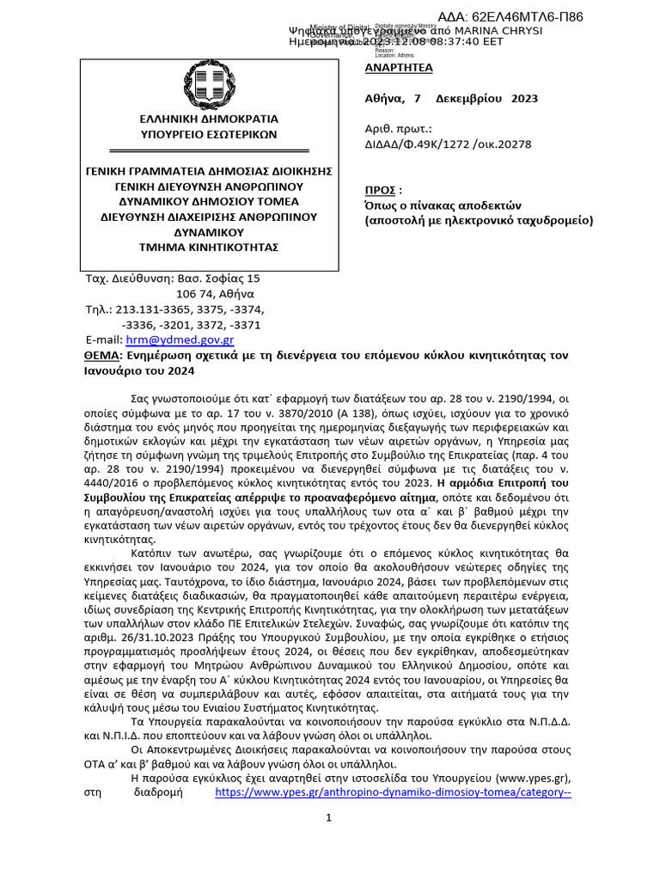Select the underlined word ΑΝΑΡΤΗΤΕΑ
coord(399,68)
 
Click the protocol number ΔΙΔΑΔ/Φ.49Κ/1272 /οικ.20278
coord(449,144)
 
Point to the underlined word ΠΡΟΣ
coord(380,190)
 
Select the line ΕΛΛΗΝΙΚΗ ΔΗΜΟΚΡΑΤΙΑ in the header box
coord(210,119)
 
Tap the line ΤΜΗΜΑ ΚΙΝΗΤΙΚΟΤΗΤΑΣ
coord(210,247)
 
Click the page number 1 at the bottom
coord(329,817)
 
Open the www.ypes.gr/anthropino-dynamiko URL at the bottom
coord(392,792)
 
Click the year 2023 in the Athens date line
coord(524,98)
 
